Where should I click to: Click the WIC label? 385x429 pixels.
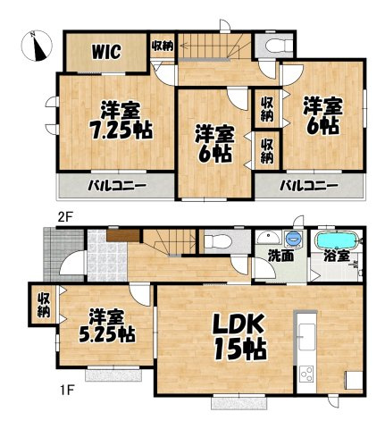pyautogui.click(x=106, y=52)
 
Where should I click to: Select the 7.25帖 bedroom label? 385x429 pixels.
pyautogui.click(x=119, y=120)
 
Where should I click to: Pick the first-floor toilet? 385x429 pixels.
pyautogui.click(x=213, y=240)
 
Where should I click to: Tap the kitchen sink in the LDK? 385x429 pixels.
pyautogui.click(x=305, y=337)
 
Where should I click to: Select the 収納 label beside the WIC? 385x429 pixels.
pyautogui.click(x=163, y=46)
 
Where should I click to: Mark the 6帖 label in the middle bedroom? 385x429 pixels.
pyautogui.click(x=214, y=144)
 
